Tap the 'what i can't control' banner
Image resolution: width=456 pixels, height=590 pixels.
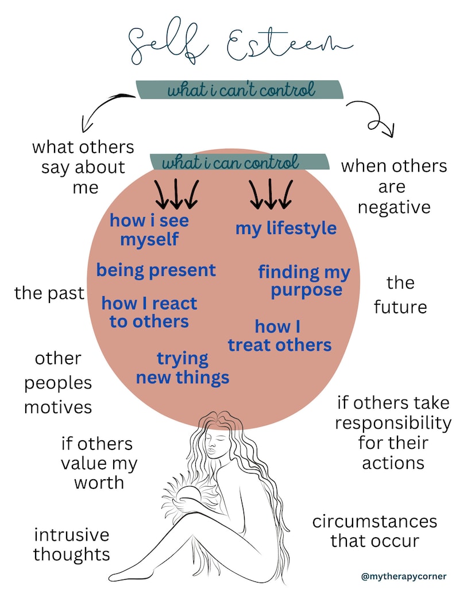[x=240, y=90]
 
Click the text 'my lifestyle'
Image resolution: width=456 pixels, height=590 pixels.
[x=285, y=228]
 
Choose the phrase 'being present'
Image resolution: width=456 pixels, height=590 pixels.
[x=156, y=270]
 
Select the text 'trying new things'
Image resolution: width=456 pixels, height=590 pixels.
[x=183, y=368]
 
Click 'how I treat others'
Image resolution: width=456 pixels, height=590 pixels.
[x=280, y=336]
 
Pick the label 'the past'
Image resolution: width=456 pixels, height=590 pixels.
[x=49, y=293]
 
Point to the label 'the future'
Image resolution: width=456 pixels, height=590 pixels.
[x=400, y=294]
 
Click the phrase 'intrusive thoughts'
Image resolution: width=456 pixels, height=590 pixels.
[x=71, y=545]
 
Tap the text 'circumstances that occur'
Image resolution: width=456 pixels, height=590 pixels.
[x=374, y=531]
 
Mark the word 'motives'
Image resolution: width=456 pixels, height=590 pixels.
[x=58, y=407]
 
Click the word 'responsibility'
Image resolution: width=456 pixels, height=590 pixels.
[x=393, y=424]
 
